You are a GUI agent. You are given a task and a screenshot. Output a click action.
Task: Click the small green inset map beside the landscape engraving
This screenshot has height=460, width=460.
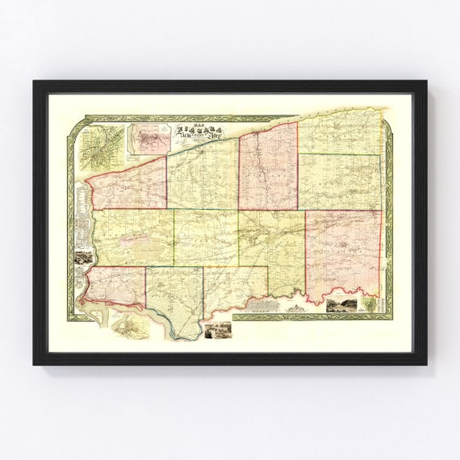coord(369,305)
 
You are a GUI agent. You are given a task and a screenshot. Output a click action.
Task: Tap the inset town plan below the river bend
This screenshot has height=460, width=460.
coord(131,325)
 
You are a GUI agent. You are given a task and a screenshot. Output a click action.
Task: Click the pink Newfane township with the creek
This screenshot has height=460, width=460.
coord(268,165)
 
